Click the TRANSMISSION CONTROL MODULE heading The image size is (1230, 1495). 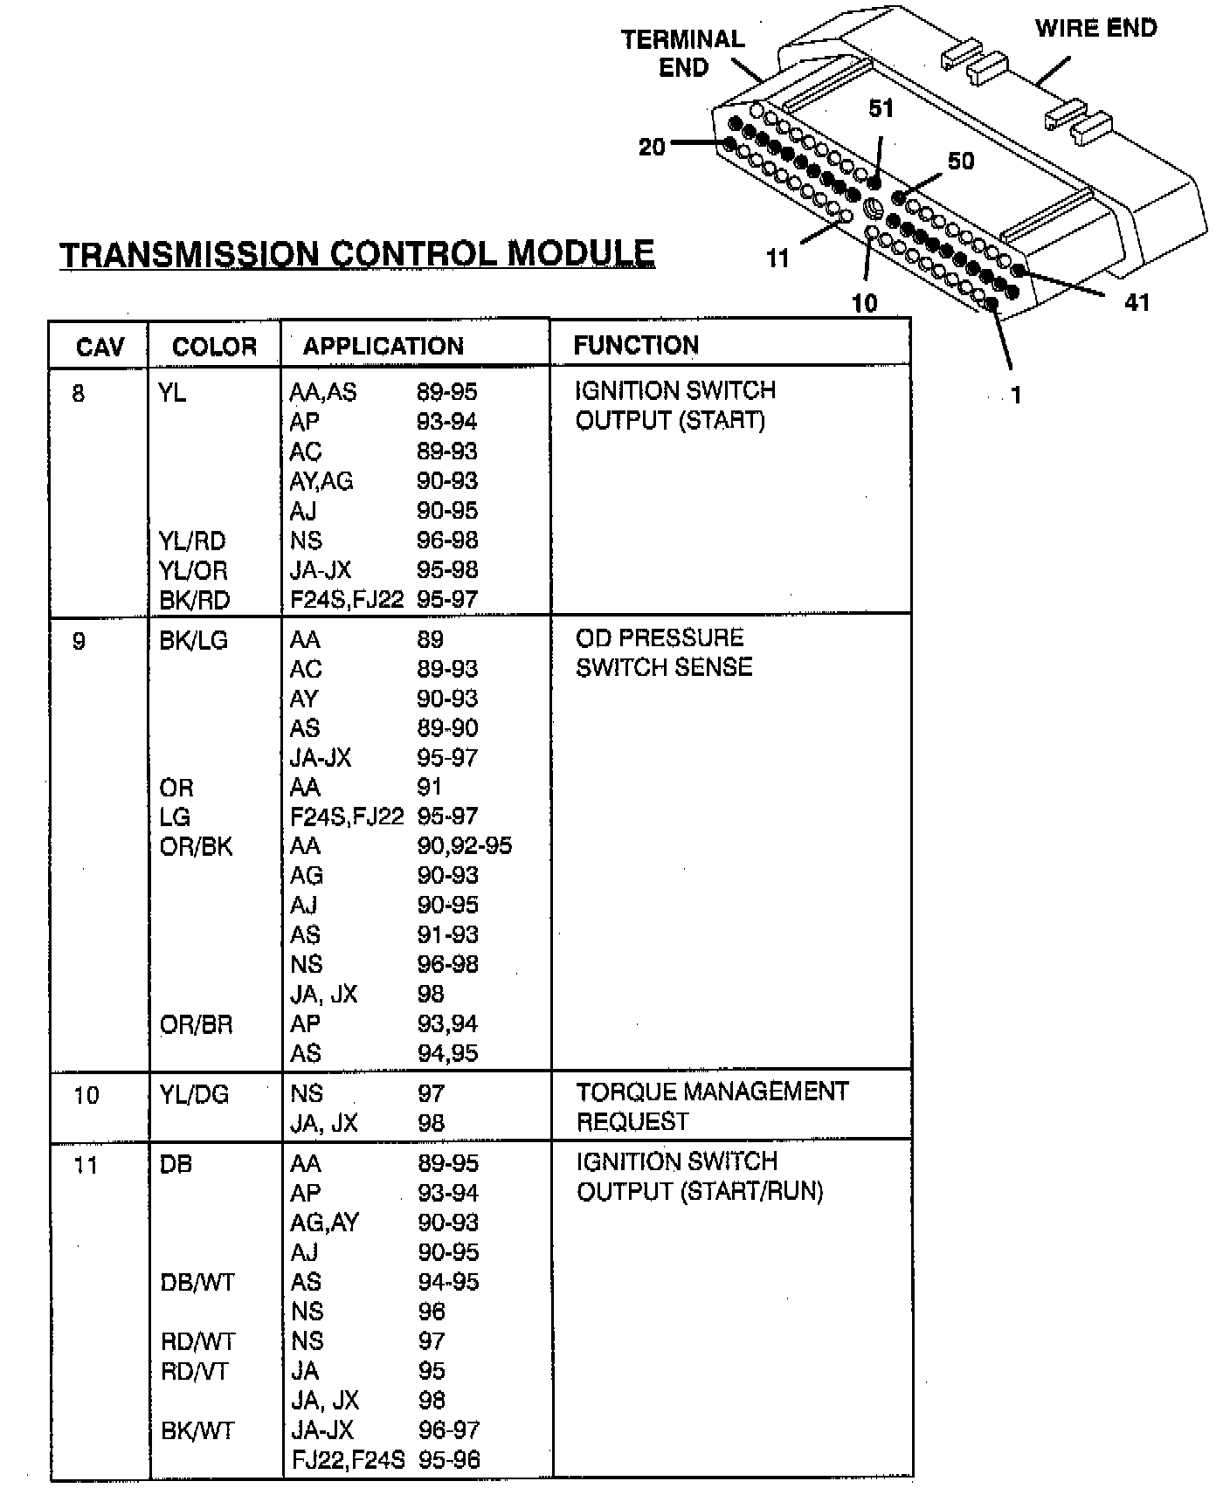(x=356, y=254)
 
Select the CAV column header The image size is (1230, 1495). (x=100, y=348)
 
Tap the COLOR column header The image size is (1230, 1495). (x=214, y=348)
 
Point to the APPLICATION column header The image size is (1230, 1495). (x=383, y=347)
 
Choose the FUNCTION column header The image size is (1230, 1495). (x=636, y=346)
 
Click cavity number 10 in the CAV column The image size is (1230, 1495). (x=86, y=1095)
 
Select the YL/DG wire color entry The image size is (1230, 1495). (x=194, y=1094)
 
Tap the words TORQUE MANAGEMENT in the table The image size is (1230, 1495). (x=712, y=1092)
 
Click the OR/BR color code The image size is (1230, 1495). (x=197, y=1023)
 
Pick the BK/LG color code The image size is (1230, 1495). (x=193, y=640)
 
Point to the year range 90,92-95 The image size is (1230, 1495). (x=465, y=845)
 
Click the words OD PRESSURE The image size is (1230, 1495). (x=660, y=637)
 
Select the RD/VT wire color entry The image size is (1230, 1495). (x=195, y=1371)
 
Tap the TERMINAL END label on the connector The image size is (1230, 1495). (x=683, y=53)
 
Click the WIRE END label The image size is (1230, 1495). (x=1095, y=29)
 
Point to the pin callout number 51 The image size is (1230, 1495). (x=881, y=108)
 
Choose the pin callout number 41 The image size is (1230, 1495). (x=1137, y=302)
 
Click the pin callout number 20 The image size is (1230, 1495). (x=652, y=148)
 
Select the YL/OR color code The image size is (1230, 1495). (x=193, y=570)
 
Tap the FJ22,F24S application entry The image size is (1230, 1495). (x=348, y=1459)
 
